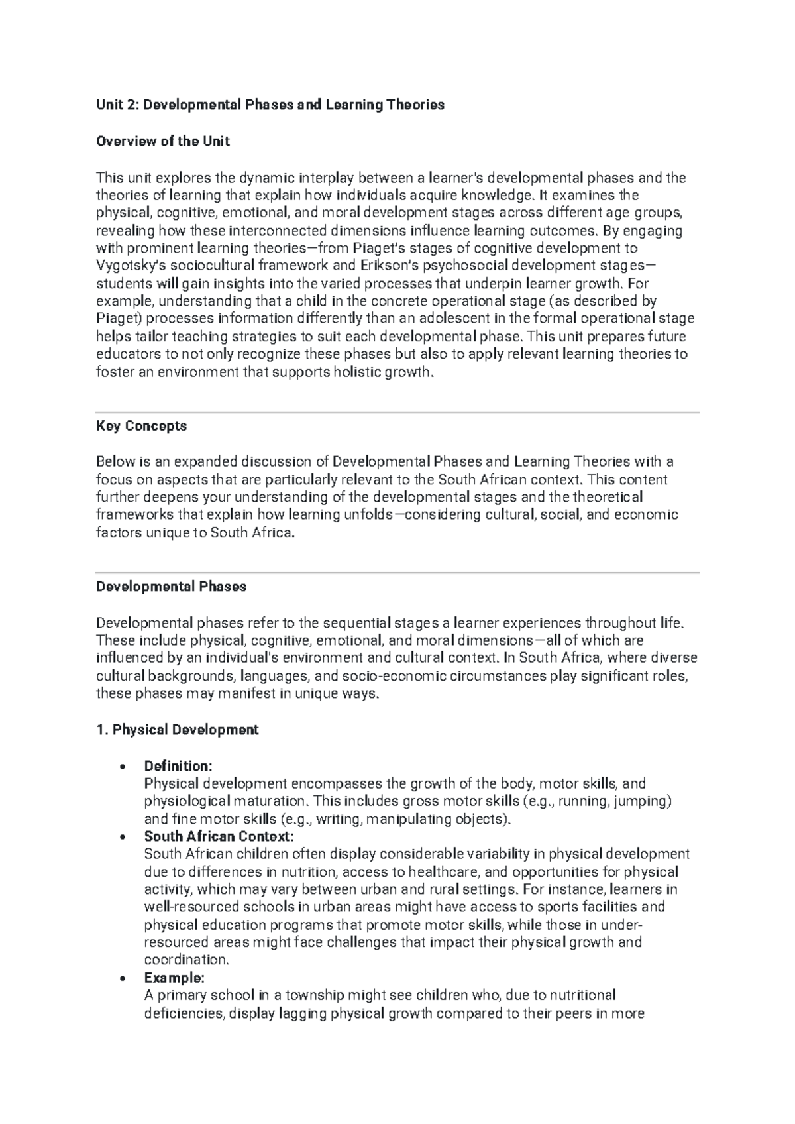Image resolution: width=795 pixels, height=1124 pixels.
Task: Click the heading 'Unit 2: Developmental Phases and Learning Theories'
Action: point(270,105)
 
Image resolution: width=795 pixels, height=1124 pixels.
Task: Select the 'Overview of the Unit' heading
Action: point(163,141)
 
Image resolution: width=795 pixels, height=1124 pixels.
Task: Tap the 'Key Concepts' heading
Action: point(142,426)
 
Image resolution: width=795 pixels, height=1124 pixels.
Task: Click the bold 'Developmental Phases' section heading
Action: point(172,587)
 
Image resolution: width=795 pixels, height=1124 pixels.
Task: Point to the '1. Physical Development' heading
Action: point(178,730)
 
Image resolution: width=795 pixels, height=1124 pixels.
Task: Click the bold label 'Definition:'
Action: point(178,766)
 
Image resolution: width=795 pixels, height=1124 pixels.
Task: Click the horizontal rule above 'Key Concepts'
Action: point(397,412)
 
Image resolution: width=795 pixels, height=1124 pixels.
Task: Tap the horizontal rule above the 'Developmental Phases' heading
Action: point(397,573)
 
